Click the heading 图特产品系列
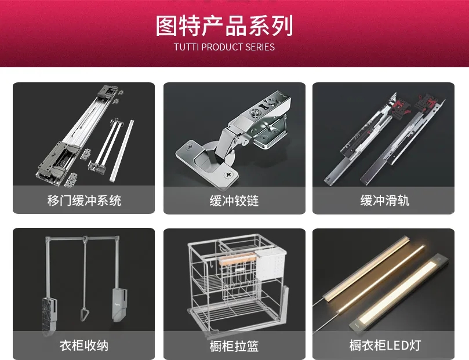pos(224,26)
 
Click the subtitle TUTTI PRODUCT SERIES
pos(224,47)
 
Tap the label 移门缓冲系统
pos(84,201)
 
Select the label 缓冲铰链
pos(234,201)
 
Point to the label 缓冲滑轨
pos(385,201)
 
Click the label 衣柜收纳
pos(84,346)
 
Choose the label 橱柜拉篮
pos(234,346)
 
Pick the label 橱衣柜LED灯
pos(385,345)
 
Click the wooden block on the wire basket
pos(237,259)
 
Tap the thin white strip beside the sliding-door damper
pos(122,151)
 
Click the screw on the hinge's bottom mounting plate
pos(228,174)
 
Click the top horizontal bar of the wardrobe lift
pos(82,239)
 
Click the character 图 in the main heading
pos(166,26)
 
